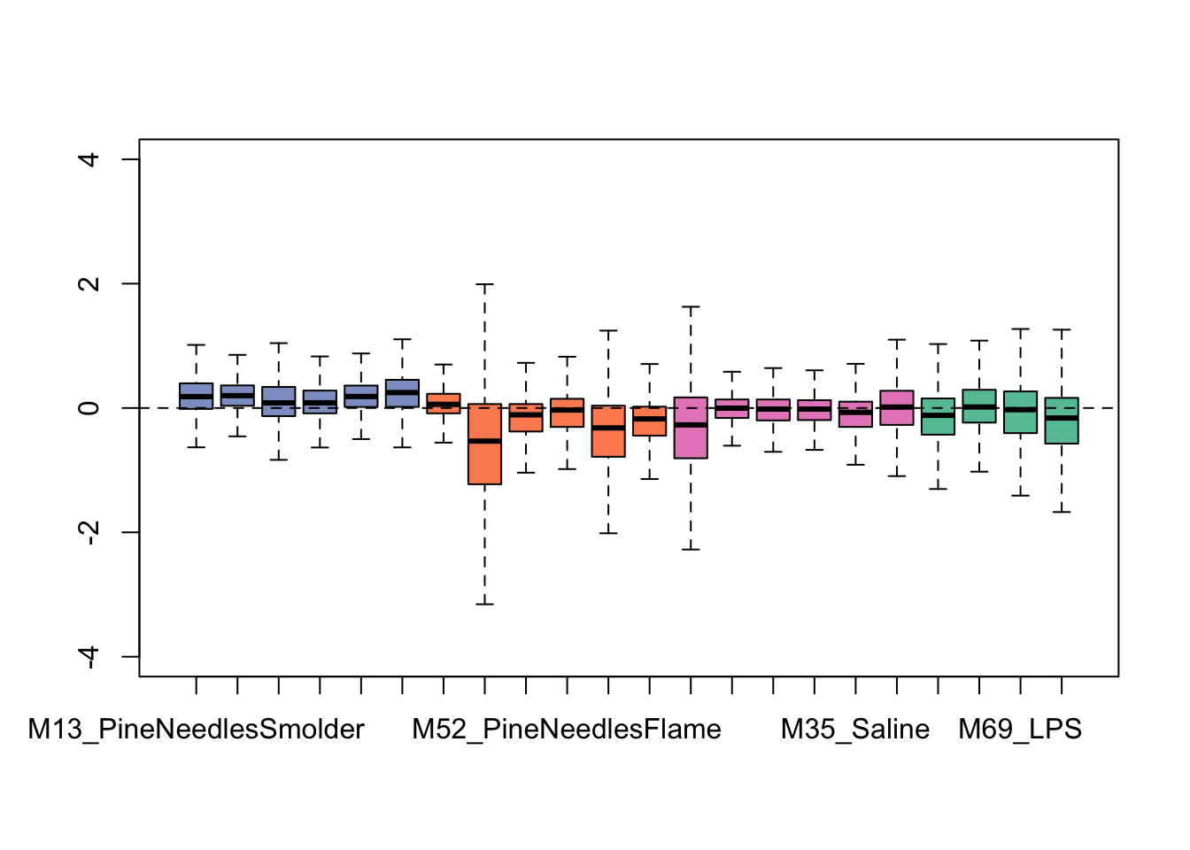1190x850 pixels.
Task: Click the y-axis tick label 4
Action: click(89, 159)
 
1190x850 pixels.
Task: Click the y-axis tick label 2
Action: click(89, 283)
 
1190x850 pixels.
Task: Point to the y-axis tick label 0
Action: click(89, 408)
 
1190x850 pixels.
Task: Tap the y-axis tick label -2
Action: click(89, 532)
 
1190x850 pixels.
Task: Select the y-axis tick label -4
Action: click(89, 656)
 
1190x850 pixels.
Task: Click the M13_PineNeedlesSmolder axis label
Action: click(196, 730)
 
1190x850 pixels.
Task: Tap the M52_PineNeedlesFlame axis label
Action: click(567, 730)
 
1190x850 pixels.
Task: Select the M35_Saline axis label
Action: click(855, 730)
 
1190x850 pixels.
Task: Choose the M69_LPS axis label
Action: click(1020, 730)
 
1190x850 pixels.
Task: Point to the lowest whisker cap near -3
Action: click(484, 604)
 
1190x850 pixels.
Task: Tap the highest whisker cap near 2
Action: click(484, 284)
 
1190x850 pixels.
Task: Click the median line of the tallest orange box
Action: click(484, 441)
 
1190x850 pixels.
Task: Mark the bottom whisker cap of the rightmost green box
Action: click(1062, 512)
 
